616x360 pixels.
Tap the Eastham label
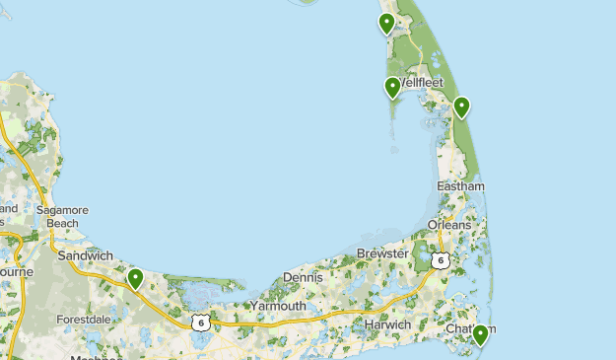click(x=460, y=186)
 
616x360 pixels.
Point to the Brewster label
click(x=381, y=253)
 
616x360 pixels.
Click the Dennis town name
click(x=303, y=277)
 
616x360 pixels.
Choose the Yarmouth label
click(x=277, y=306)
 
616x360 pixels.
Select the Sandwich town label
click(x=85, y=255)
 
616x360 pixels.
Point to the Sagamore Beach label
click(x=62, y=216)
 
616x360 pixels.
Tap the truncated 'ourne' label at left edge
click(x=17, y=271)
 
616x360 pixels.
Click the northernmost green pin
click(x=387, y=23)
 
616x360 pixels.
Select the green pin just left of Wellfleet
click(x=392, y=88)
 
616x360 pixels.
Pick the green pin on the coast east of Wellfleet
click(x=460, y=107)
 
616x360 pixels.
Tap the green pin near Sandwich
click(x=135, y=279)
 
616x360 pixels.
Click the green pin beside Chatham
click(x=480, y=335)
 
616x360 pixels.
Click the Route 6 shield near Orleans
click(x=440, y=260)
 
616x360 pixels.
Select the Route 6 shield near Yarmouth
click(x=200, y=323)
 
